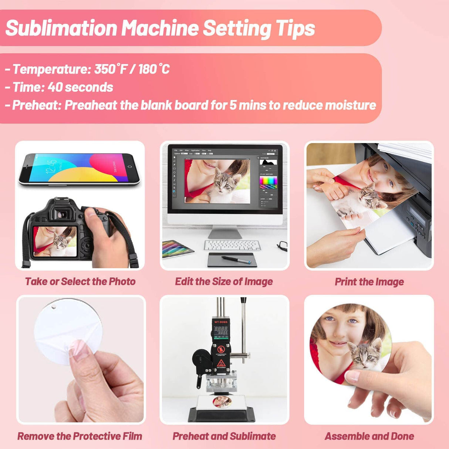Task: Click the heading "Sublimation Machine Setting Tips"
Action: (160, 28)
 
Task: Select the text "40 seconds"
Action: (80, 87)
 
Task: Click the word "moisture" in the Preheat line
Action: (350, 105)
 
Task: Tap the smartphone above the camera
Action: (80, 169)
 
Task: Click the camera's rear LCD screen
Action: (55, 241)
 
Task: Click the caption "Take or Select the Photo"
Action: (80, 281)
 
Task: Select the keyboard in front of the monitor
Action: (232, 245)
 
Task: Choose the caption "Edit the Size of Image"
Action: (224, 281)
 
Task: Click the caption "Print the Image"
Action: (369, 282)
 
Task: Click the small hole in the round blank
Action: (54, 307)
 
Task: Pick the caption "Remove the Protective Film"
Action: (80, 436)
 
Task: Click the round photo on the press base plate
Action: (222, 401)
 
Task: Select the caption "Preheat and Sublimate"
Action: (224, 436)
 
